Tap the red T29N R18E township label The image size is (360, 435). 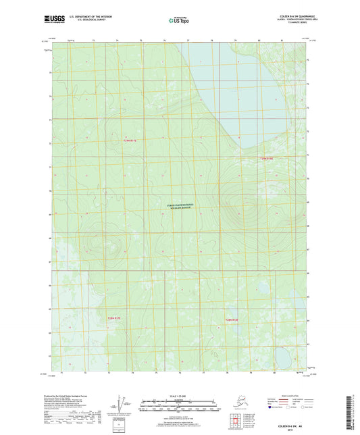point(268,159)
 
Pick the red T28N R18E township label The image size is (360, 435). point(233,318)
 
